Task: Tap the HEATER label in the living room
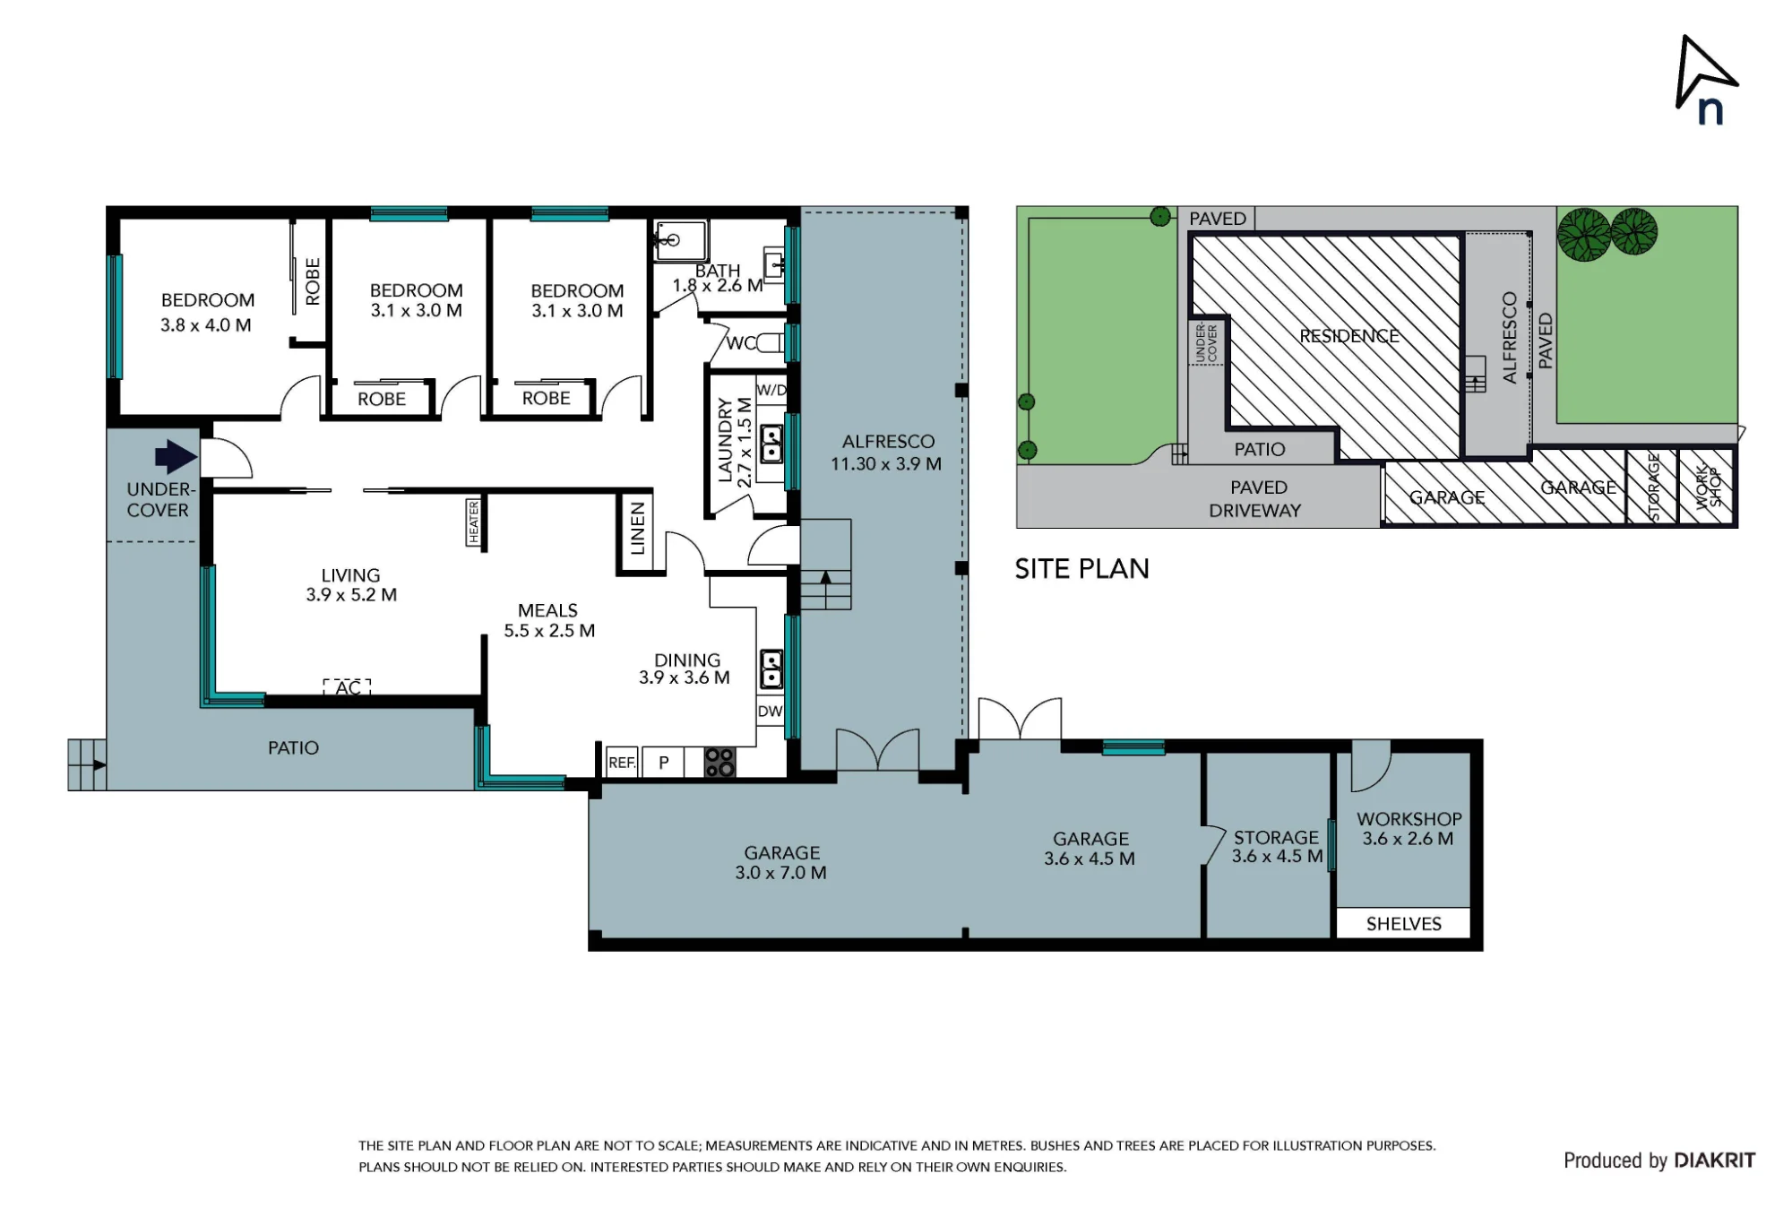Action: [473, 522]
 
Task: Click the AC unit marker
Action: [348, 687]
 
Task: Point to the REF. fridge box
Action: [622, 763]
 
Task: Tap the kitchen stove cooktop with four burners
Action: [719, 763]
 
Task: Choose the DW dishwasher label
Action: [770, 712]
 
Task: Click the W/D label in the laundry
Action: [771, 390]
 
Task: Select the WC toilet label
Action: [741, 343]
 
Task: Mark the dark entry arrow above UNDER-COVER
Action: [176, 457]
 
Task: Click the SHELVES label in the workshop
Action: [1403, 924]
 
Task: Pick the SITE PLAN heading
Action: [1081, 569]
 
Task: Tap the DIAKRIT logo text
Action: [1714, 1161]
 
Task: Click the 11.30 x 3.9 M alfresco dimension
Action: [885, 464]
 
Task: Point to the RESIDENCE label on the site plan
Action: [1348, 336]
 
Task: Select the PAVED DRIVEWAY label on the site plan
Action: [1256, 499]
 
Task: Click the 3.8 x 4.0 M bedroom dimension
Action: [205, 325]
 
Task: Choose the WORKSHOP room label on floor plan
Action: [1409, 819]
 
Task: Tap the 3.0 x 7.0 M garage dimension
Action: [780, 873]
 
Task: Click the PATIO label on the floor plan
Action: [293, 748]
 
